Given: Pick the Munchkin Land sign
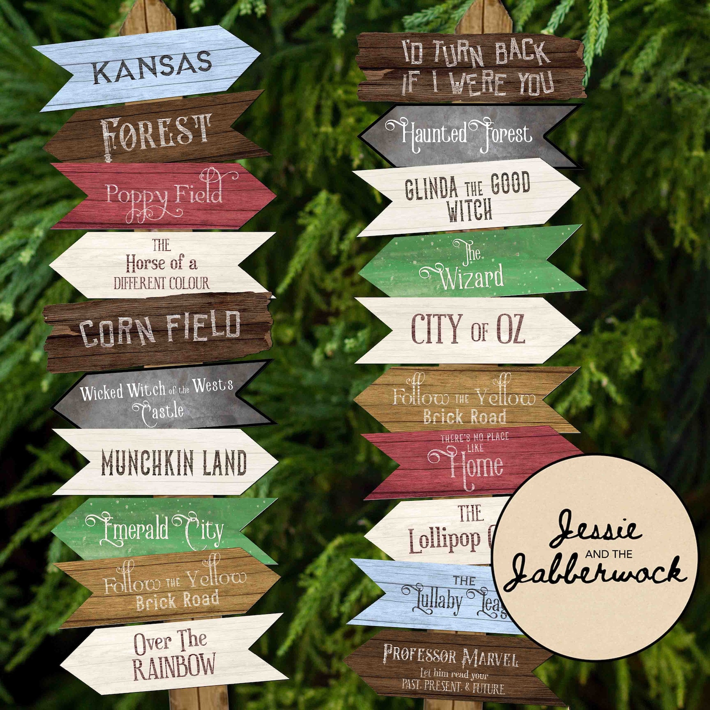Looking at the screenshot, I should tap(173, 462).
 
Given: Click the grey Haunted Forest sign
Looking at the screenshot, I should tap(465, 135).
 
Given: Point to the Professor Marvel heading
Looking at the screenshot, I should tap(451, 656).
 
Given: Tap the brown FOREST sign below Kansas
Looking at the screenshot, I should tap(154, 132).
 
